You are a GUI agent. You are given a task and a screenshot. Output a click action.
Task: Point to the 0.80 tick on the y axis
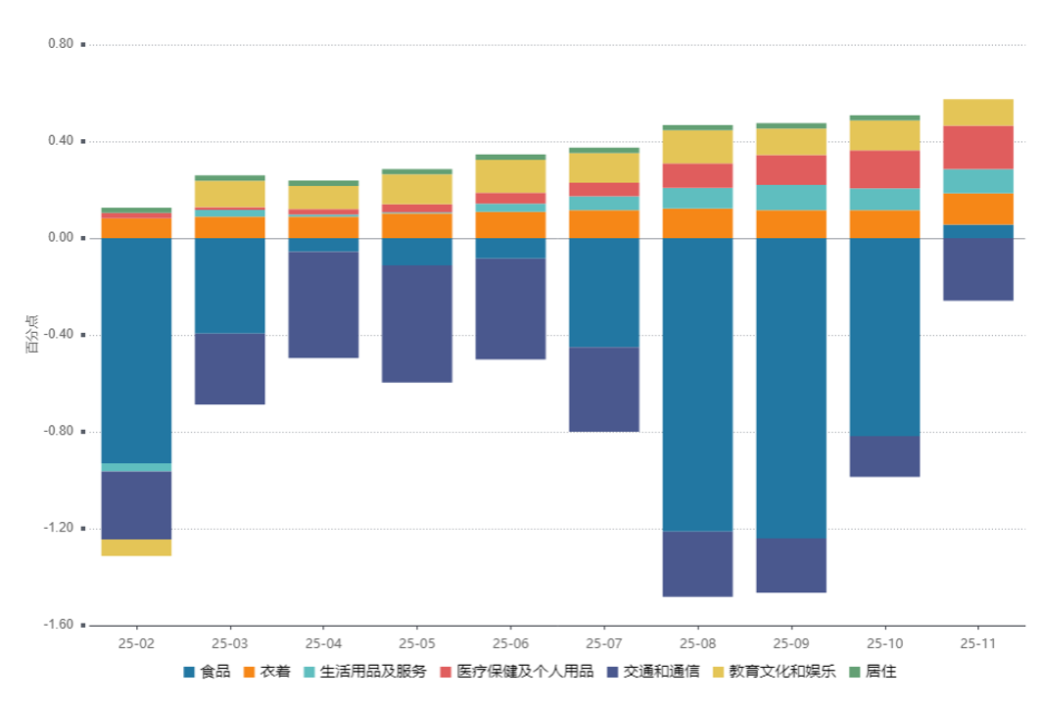click(x=60, y=44)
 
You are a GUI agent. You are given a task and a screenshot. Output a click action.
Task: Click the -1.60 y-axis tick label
click(x=58, y=625)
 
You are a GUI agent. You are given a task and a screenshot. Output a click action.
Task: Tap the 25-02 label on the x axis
click(x=136, y=643)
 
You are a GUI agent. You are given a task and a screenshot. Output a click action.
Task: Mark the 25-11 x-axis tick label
click(x=978, y=643)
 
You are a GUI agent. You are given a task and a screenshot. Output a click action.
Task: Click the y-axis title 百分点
click(x=32, y=335)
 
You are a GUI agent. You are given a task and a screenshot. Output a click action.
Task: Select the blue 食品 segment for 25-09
click(x=791, y=388)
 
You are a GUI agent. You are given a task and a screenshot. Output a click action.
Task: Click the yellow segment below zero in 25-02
click(x=136, y=547)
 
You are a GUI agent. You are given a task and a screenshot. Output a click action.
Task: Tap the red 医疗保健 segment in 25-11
click(x=978, y=147)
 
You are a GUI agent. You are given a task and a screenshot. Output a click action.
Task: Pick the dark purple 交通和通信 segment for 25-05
click(x=417, y=323)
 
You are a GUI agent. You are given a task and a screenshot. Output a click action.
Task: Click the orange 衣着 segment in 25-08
click(x=698, y=223)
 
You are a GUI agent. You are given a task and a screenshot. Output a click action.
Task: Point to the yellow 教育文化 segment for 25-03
click(x=230, y=193)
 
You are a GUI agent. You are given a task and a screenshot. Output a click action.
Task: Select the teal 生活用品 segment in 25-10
click(x=885, y=199)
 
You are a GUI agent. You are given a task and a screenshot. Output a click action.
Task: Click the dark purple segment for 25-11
click(x=978, y=269)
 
